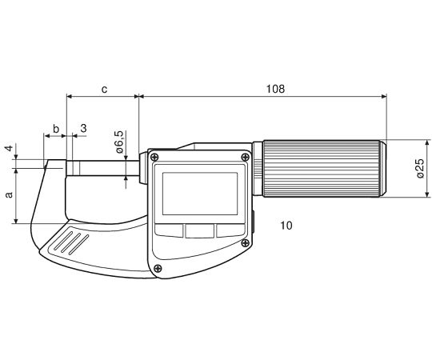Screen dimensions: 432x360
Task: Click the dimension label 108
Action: pyautogui.click(x=275, y=89)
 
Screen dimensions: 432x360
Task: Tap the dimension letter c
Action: pyautogui.click(x=104, y=90)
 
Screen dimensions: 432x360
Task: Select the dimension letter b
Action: pyautogui.click(x=56, y=128)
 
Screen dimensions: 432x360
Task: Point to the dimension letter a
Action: pyautogui.click(x=10, y=194)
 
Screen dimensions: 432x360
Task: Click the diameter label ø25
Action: pyautogui.click(x=420, y=168)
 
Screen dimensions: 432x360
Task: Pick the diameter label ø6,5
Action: pyautogui.click(x=119, y=142)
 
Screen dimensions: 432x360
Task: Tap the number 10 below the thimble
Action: pyautogui.click(x=286, y=226)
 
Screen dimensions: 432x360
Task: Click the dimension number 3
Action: pyautogui.click(x=83, y=128)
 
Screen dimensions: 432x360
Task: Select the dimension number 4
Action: pyautogui.click(x=10, y=148)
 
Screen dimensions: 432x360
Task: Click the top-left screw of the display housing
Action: pyautogui.click(x=154, y=158)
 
